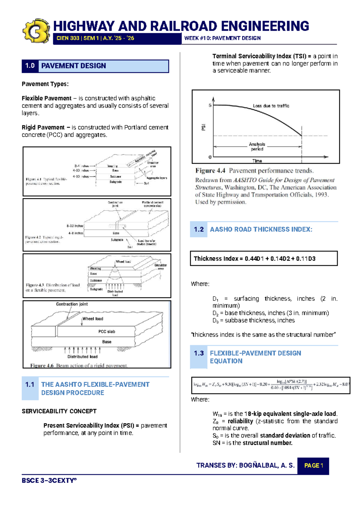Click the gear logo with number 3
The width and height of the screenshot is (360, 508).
tap(36, 31)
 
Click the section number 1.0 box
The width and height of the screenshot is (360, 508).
tap(30, 66)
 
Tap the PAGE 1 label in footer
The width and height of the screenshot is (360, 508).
tap(313, 466)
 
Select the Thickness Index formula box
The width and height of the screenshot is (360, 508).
tap(263, 258)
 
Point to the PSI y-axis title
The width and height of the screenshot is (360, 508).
tap(203, 127)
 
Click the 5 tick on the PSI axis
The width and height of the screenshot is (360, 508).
tap(210, 106)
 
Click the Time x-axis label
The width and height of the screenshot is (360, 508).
tap(257, 161)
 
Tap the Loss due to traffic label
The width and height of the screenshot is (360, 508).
tap(271, 106)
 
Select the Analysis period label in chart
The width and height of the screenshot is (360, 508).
tap(257, 147)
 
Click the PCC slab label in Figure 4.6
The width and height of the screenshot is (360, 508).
tap(106, 331)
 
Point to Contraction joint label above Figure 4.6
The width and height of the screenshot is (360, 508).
tap(72, 304)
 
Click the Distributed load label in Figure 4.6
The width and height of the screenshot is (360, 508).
tap(82, 357)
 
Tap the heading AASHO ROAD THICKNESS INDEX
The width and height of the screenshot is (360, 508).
tap(261, 229)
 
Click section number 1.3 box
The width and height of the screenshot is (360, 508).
tap(199, 354)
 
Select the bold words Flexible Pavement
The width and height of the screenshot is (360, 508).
tap(46, 98)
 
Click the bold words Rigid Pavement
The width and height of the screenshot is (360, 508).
tap(43, 127)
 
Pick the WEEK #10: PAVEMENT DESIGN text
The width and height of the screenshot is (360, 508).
tap(222, 38)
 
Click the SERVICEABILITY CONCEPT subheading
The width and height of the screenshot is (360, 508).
tap(59, 411)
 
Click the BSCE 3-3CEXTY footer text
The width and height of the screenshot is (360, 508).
tap(49, 481)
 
